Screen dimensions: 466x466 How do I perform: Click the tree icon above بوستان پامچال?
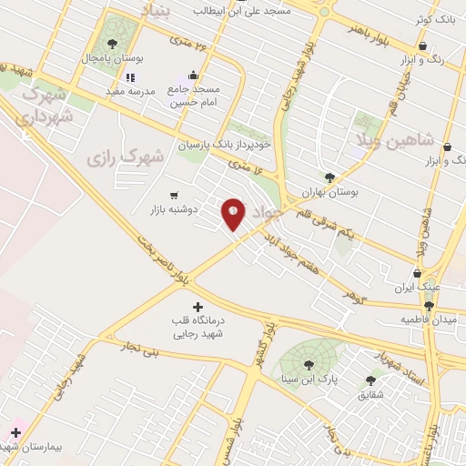[111, 43]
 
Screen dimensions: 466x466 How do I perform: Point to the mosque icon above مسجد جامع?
[193, 76]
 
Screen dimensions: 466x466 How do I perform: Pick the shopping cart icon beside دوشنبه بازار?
[174, 195]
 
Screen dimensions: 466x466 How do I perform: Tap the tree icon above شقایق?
[370, 380]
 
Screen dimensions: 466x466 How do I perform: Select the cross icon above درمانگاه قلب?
[198, 307]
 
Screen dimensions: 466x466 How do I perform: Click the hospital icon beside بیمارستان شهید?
[15, 431]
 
